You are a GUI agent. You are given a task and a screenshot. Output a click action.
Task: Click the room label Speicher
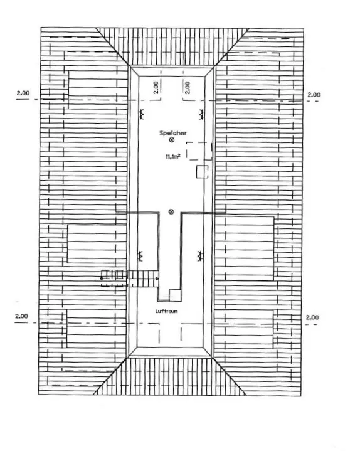coord(173,133)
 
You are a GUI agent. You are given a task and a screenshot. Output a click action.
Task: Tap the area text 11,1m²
coord(172,156)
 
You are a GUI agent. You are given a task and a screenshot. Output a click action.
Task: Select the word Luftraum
coord(166,311)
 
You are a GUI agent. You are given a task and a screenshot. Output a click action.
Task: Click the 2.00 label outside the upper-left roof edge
coord(23,93)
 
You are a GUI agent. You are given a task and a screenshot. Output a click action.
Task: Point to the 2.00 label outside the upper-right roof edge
coord(314,95)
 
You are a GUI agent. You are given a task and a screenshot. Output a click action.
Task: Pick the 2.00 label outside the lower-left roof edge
coord(21,316)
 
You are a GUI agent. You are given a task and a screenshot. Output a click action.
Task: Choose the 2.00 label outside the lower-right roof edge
coord(312,317)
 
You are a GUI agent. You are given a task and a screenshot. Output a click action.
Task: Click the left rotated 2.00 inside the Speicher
coord(156,87)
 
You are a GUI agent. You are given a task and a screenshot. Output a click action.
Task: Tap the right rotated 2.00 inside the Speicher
coord(187,87)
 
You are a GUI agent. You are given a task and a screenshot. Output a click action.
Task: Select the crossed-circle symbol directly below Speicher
coord(172,140)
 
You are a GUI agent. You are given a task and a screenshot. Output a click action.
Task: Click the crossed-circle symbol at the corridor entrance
coord(171,212)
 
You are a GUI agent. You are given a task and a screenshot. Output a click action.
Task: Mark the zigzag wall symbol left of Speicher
coord(141,114)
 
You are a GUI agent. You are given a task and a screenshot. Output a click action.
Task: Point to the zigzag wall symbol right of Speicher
coord(201,115)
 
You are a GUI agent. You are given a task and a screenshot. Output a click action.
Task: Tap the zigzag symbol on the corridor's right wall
coord(200,255)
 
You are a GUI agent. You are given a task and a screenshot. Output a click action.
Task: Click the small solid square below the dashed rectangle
coord(203,172)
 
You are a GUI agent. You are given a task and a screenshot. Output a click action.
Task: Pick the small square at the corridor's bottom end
coord(175,295)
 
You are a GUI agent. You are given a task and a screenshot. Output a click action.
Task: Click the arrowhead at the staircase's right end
coord(157,279)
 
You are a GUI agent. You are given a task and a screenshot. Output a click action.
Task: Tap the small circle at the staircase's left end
coord(102,279)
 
